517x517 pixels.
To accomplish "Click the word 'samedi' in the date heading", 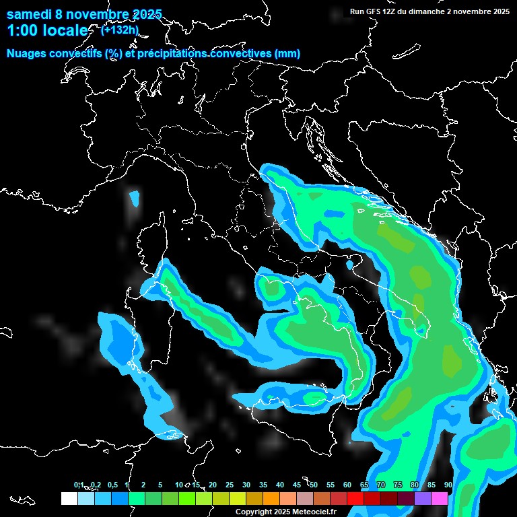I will (28, 14).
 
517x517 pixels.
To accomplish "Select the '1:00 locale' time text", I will (47, 31).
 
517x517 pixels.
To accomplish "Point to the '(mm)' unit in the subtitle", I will (287, 54).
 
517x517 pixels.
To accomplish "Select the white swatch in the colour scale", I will (69, 499).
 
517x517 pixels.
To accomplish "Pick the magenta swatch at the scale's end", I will (440, 499).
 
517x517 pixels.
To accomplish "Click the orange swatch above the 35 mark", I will (271, 499).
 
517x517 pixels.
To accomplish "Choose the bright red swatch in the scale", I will (355, 499).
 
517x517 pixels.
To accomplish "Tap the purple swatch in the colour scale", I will (423, 499).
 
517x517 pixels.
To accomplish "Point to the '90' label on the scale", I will (448, 485).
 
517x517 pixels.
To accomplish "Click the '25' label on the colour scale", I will (230, 485).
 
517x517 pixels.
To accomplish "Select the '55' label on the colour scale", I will (331, 485).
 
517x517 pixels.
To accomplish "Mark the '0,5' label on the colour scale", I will (112, 485).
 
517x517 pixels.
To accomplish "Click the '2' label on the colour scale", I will (143, 485).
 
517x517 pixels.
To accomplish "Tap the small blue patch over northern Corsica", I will (134, 199).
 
